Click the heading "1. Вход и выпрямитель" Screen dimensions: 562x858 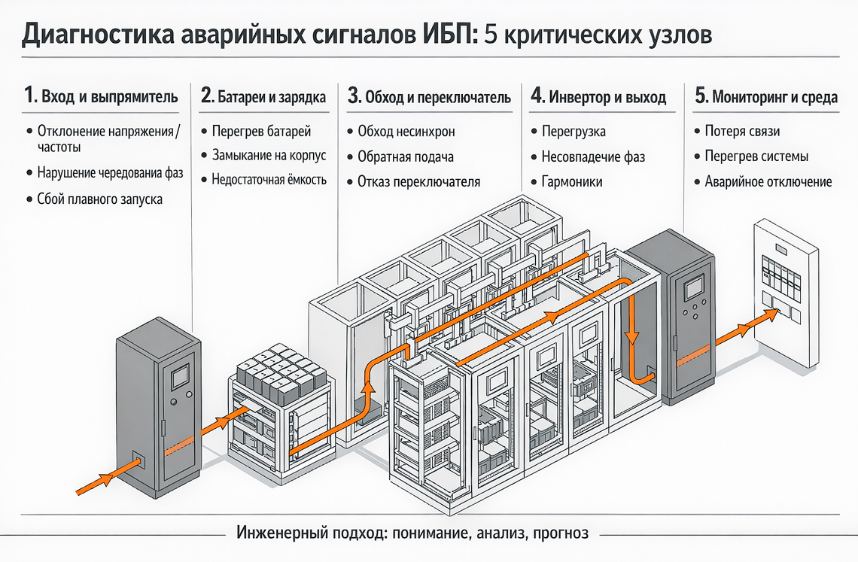pos(102,96)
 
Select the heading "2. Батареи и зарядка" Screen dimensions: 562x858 pos(263,96)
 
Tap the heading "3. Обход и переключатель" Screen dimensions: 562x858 pos(429,96)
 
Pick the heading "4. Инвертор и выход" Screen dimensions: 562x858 pos(598,96)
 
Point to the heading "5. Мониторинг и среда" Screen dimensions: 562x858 pos(765,96)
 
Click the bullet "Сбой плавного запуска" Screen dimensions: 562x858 pos(99,199)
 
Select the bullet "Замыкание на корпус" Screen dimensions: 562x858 pos(269,156)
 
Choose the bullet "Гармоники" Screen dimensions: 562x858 pos(572,181)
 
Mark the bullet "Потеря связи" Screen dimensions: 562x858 pos(742,132)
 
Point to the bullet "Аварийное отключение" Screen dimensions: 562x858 pos(768,181)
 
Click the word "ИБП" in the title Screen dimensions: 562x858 pos(442,35)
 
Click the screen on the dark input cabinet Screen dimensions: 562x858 pos(180,375)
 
